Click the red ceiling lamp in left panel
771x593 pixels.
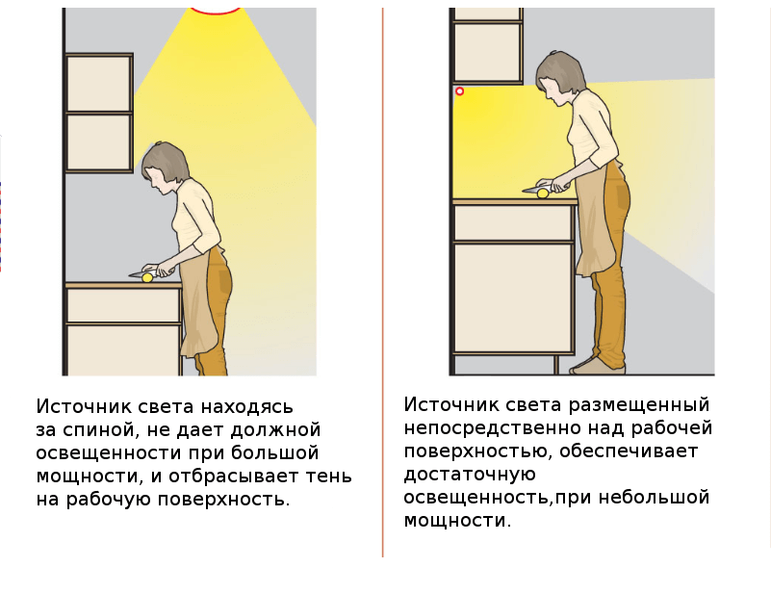click(216, 11)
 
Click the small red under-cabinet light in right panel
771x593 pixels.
click(460, 90)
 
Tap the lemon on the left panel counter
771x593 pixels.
click(147, 278)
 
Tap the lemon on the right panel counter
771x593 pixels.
click(542, 193)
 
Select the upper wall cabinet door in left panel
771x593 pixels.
click(99, 84)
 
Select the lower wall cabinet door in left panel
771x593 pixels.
click(99, 142)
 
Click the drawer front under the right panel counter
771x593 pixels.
click(512, 223)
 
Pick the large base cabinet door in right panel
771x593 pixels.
click(513, 297)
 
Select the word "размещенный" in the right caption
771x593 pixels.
click(639, 405)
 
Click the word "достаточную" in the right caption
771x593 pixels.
click(470, 475)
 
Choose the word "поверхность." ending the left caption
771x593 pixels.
click(223, 500)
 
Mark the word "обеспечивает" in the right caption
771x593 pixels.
click(629, 451)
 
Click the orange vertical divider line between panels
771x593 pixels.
click(382, 282)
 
